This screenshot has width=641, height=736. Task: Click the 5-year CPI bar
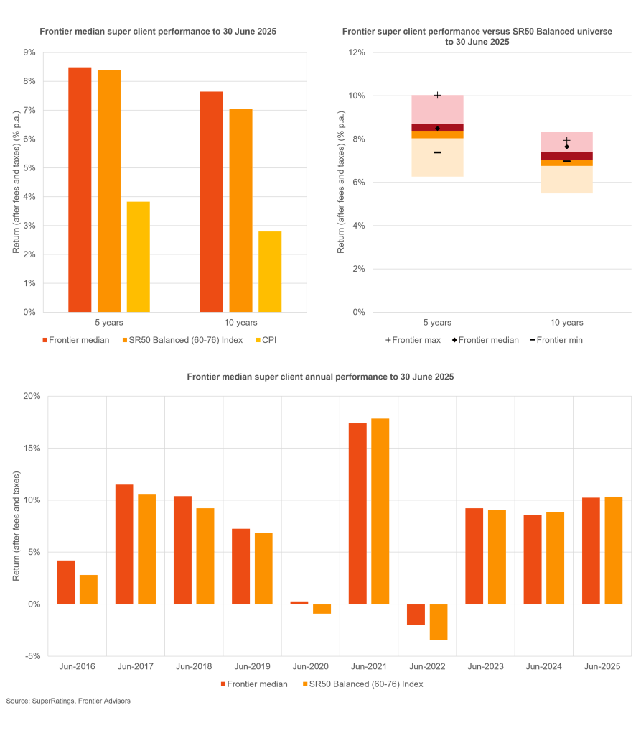[139, 257]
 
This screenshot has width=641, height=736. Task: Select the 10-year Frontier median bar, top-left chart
[212, 202]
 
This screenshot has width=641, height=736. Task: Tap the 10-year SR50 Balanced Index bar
[241, 211]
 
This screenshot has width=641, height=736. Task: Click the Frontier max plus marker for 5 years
[437, 95]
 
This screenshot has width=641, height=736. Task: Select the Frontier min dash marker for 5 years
[437, 152]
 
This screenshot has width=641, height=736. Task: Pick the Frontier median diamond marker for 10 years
[566, 147]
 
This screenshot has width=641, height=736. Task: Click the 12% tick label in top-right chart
[356, 52]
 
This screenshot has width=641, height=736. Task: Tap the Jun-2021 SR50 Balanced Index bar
[380, 511]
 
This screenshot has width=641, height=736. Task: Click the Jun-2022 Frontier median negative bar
[416, 615]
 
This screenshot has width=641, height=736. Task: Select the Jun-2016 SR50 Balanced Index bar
[88, 589]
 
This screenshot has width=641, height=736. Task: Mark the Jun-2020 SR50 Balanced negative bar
[322, 609]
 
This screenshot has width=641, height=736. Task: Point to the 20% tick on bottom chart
[31, 396]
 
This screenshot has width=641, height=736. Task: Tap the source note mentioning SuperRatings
[68, 701]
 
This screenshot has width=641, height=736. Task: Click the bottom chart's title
[320, 377]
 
